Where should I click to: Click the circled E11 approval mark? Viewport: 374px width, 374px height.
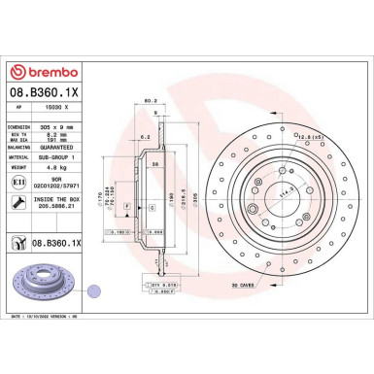tap(21, 182)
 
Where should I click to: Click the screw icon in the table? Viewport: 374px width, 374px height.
tap(21, 203)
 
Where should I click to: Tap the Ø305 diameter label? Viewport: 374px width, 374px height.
tap(221, 181)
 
